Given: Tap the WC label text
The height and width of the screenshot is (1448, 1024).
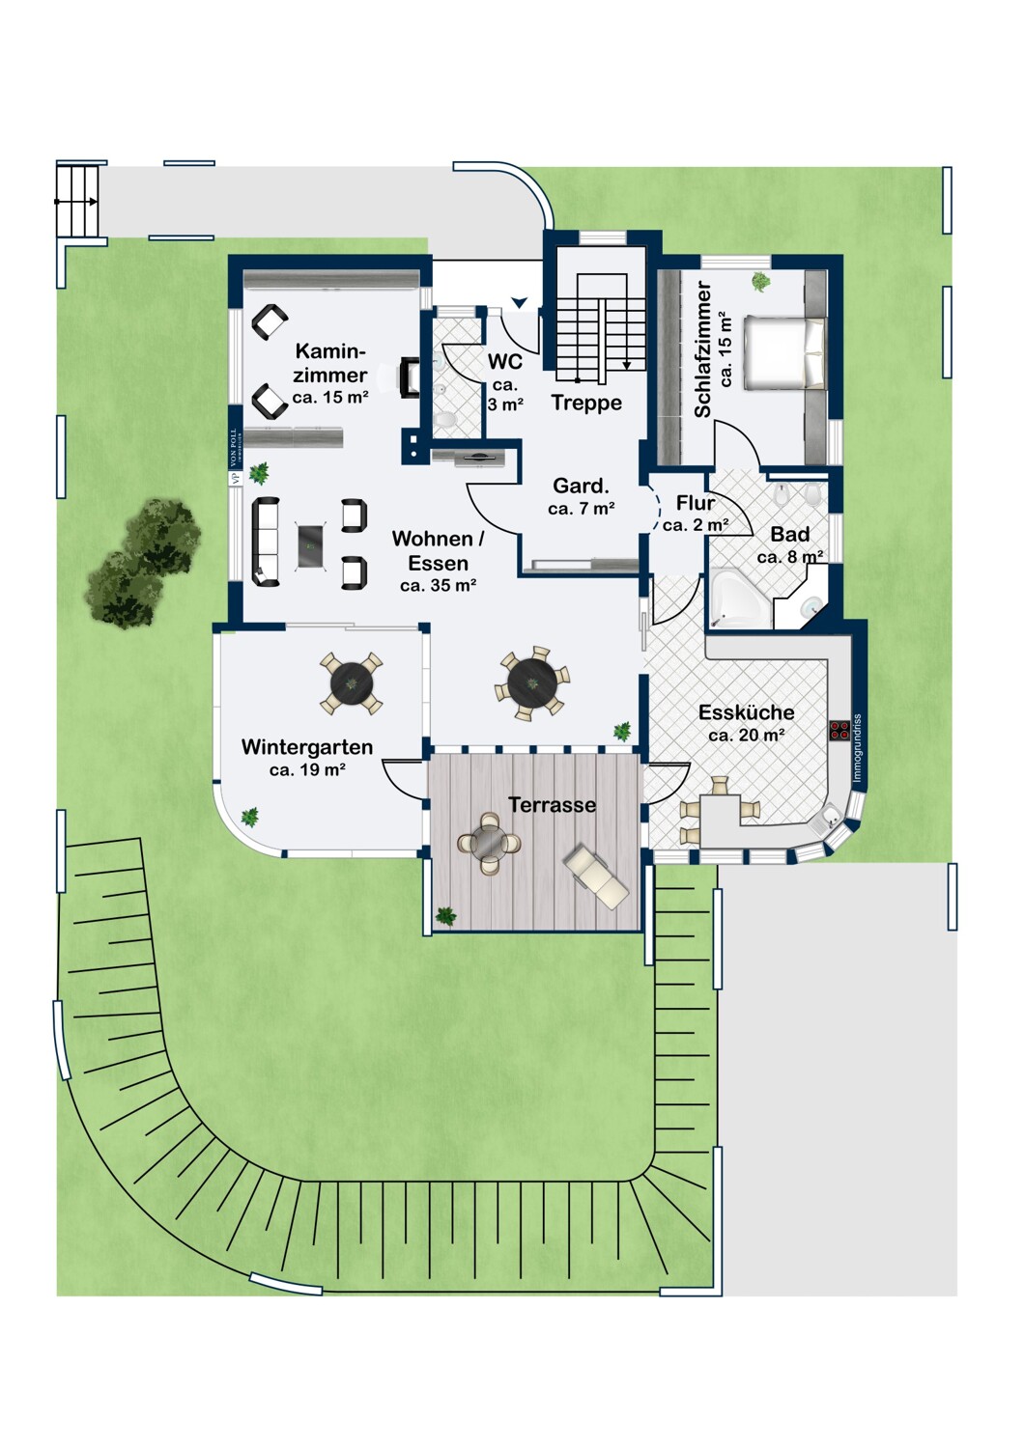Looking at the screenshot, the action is click(x=505, y=361).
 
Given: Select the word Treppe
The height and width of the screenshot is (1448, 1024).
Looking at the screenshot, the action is click(x=586, y=403).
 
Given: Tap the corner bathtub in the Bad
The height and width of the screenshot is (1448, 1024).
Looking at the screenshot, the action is click(x=741, y=598).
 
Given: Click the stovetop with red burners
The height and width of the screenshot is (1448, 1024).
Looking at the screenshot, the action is click(x=839, y=731).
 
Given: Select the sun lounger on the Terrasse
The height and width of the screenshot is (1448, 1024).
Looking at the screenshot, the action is click(x=596, y=877).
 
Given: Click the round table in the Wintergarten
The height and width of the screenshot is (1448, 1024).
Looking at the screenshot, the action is click(x=352, y=682).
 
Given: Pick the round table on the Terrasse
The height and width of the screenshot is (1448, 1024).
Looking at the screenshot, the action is click(x=490, y=843).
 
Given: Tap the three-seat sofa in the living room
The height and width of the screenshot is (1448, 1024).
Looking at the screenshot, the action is click(x=266, y=542).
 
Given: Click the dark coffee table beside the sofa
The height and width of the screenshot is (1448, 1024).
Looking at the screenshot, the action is click(x=310, y=546).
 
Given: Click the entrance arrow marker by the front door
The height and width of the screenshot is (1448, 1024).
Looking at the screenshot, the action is click(x=520, y=302).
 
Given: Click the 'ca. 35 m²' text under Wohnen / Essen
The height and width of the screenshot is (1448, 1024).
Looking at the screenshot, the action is click(x=439, y=586).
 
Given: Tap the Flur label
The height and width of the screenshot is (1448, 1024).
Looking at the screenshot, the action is click(x=696, y=502).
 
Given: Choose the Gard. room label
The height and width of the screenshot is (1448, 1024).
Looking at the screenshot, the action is click(x=581, y=486).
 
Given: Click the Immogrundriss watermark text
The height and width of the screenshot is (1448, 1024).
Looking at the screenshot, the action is click(x=857, y=748).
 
